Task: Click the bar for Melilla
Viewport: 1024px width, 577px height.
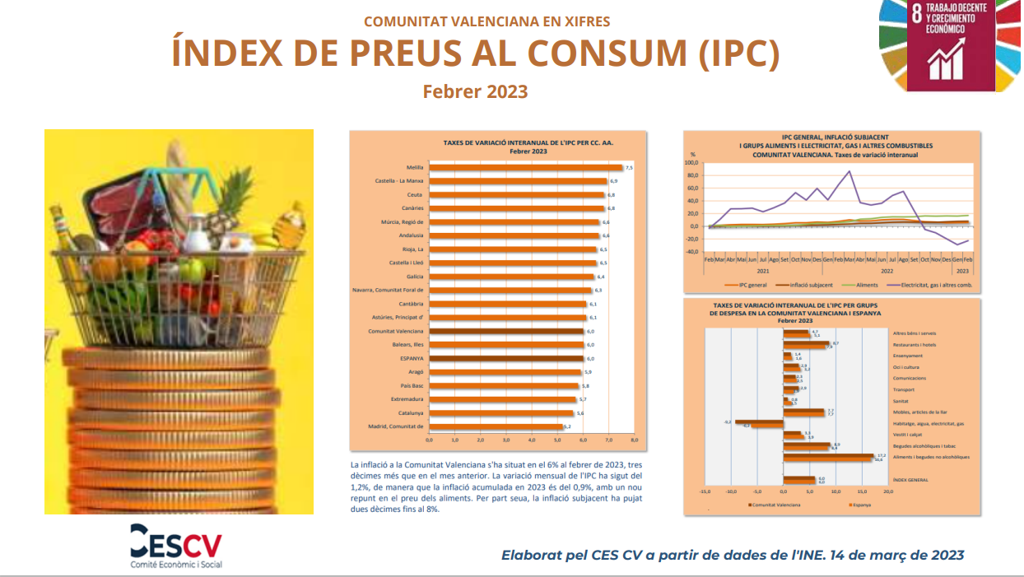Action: pos(525,168)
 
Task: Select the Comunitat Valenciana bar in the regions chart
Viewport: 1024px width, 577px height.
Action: pos(506,331)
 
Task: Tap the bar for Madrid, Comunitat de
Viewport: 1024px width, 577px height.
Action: pos(495,426)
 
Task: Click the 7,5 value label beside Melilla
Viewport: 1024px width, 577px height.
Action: pos(629,168)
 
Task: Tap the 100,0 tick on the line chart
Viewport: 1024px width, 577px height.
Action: pos(692,163)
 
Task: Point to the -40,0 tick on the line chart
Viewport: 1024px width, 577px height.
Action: pos(692,252)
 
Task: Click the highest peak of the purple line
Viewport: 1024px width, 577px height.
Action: pos(849,171)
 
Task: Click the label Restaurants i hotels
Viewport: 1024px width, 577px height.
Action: pos(915,344)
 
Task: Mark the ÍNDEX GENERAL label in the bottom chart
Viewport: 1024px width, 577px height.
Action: pos(910,479)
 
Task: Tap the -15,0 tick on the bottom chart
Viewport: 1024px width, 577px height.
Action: pos(705,491)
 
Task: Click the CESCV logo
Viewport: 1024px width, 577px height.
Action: pos(175,544)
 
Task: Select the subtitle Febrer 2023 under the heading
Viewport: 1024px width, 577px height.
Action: pos(475,91)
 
